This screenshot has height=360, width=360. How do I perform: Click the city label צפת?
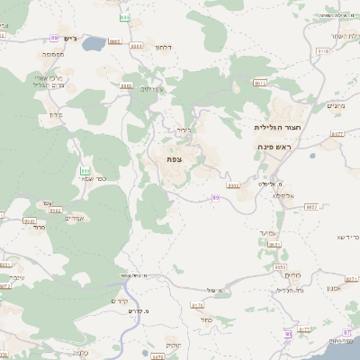174,159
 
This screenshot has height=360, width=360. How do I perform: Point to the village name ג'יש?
72,38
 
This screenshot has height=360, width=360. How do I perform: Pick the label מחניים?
335,106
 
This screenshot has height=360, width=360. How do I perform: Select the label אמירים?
76,218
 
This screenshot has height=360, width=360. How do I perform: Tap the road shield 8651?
274,244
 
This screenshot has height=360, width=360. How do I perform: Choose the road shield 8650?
280,267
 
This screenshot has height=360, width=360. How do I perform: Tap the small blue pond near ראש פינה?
312,156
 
